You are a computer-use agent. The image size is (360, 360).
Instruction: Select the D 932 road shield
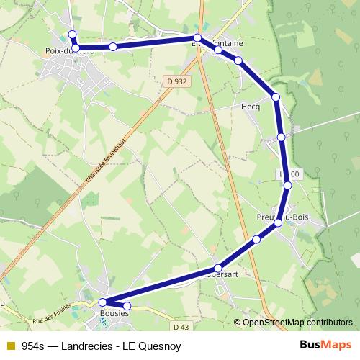coord(176,81)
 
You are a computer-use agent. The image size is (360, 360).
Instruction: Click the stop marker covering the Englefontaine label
coord(197,37)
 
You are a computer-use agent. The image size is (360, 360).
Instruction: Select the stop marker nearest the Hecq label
coord(276,96)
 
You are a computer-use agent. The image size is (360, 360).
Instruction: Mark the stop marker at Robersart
coord(218,269)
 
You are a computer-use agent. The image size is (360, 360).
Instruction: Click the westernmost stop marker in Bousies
coord(102,302)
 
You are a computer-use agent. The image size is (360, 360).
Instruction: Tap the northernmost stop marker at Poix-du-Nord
coord(72,35)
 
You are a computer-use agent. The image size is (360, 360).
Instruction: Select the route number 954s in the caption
coord(34,345)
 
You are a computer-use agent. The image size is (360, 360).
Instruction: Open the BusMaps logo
coord(325,344)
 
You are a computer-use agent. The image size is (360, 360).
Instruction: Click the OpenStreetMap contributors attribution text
coord(297,323)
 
